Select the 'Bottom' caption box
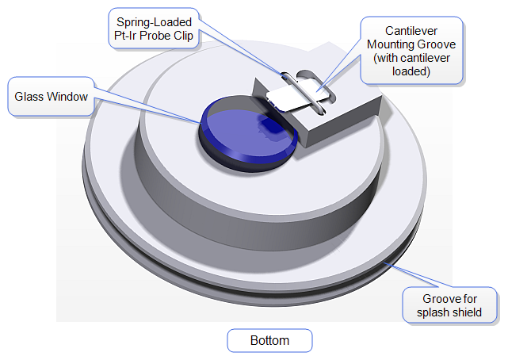tap(269, 341)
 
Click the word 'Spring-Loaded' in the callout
tap(155, 22)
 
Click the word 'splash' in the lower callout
tap(434, 312)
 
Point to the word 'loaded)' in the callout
tap(411, 71)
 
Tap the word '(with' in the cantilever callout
tap(382, 58)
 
